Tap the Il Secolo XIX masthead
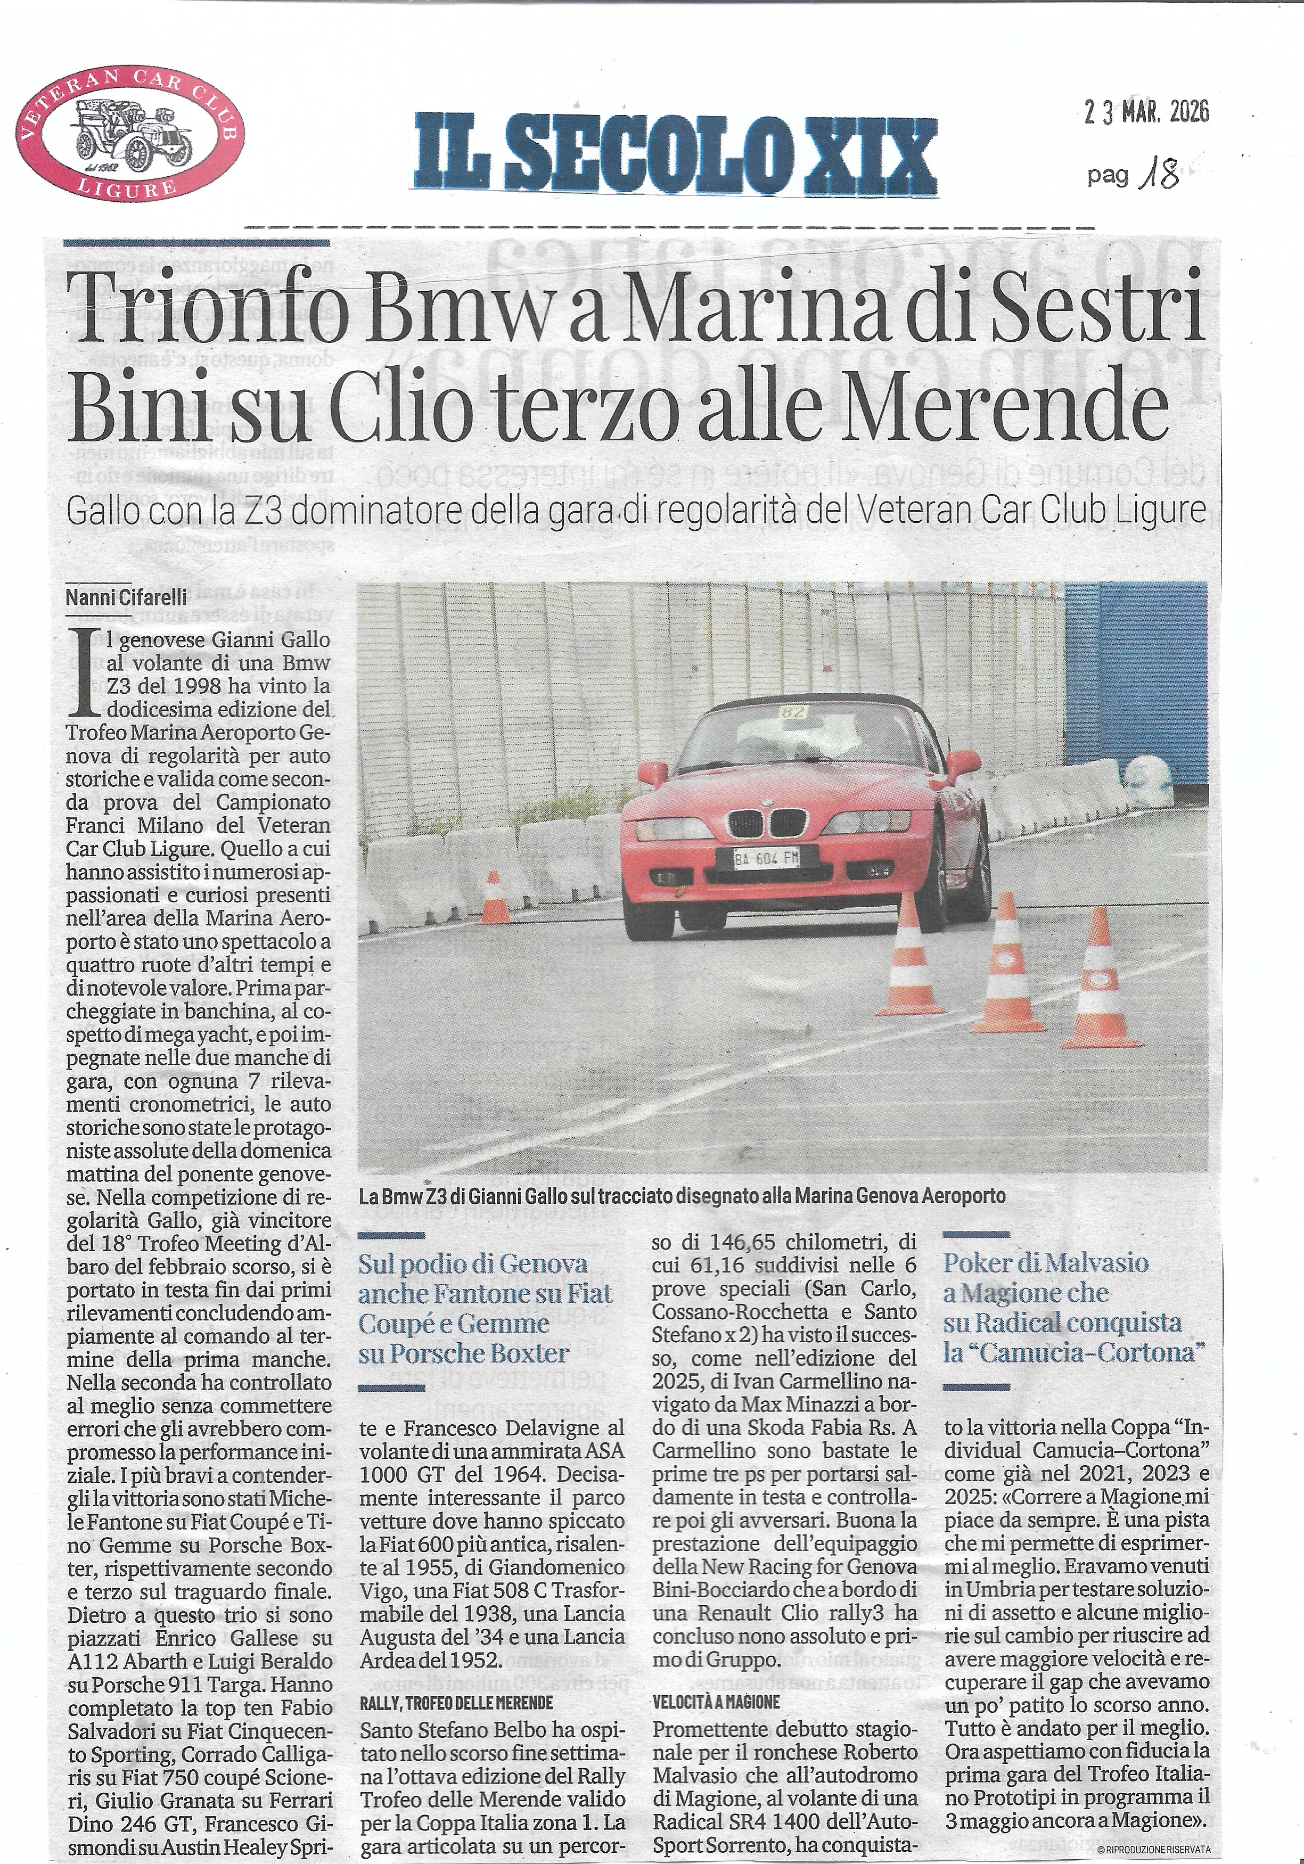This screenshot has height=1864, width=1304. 676,150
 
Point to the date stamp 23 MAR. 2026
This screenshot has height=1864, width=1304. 1146,111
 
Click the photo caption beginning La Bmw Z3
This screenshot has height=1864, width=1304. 680,1195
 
